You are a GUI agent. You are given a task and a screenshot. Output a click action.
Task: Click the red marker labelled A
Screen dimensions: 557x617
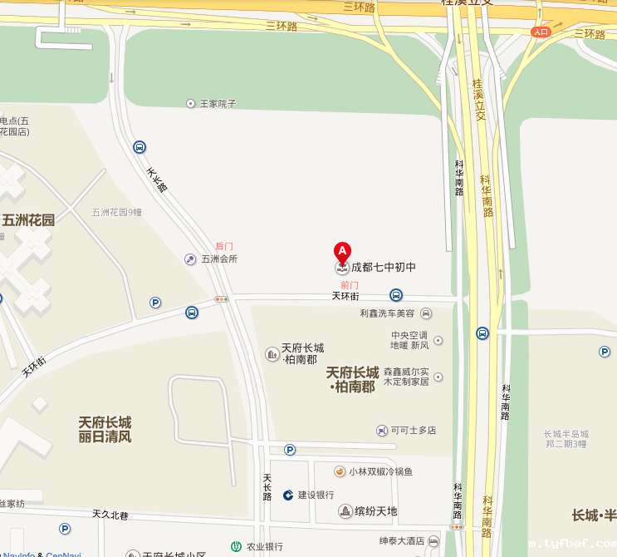(x=341, y=251)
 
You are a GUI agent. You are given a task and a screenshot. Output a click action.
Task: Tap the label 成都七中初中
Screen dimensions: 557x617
(x=383, y=268)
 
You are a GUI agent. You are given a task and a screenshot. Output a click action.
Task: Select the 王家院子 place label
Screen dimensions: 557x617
(x=218, y=104)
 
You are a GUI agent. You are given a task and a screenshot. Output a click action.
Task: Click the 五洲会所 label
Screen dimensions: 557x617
(x=219, y=259)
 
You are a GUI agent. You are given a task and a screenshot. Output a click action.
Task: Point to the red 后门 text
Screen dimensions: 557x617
(x=224, y=246)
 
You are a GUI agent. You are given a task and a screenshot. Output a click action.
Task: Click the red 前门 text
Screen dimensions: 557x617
(x=350, y=284)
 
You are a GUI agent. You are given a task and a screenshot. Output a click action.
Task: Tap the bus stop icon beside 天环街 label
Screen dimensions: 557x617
(x=397, y=295)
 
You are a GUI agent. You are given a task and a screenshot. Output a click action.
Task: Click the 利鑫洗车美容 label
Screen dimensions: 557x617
(x=387, y=313)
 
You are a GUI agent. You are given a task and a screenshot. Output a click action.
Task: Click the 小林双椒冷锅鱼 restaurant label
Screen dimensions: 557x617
(x=380, y=471)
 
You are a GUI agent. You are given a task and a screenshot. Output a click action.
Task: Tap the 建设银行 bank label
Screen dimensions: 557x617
(x=316, y=495)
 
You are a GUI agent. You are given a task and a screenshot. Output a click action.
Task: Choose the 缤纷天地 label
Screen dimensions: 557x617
(x=375, y=511)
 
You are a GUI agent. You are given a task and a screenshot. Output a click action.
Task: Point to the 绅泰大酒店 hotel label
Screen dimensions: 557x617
(x=402, y=541)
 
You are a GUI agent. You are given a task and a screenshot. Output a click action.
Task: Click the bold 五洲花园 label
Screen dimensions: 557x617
(x=28, y=220)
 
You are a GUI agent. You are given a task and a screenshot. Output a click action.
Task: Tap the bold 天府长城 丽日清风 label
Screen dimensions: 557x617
(x=105, y=429)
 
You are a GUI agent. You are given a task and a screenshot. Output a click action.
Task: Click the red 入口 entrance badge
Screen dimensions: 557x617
(x=541, y=32)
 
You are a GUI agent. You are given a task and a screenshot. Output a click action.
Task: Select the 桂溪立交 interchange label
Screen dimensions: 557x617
(x=477, y=100)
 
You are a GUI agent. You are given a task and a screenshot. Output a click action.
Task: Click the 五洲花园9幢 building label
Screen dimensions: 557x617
(x=117, y=212)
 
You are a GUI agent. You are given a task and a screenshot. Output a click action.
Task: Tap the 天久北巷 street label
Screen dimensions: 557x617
(x=110, y=515)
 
